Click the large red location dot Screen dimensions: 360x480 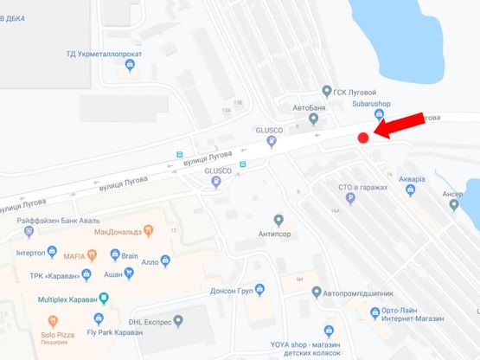(363, 136)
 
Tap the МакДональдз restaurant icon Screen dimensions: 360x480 (149, 231)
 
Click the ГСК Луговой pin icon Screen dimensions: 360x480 (326, 89)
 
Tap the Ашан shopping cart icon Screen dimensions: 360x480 (129, 273)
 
